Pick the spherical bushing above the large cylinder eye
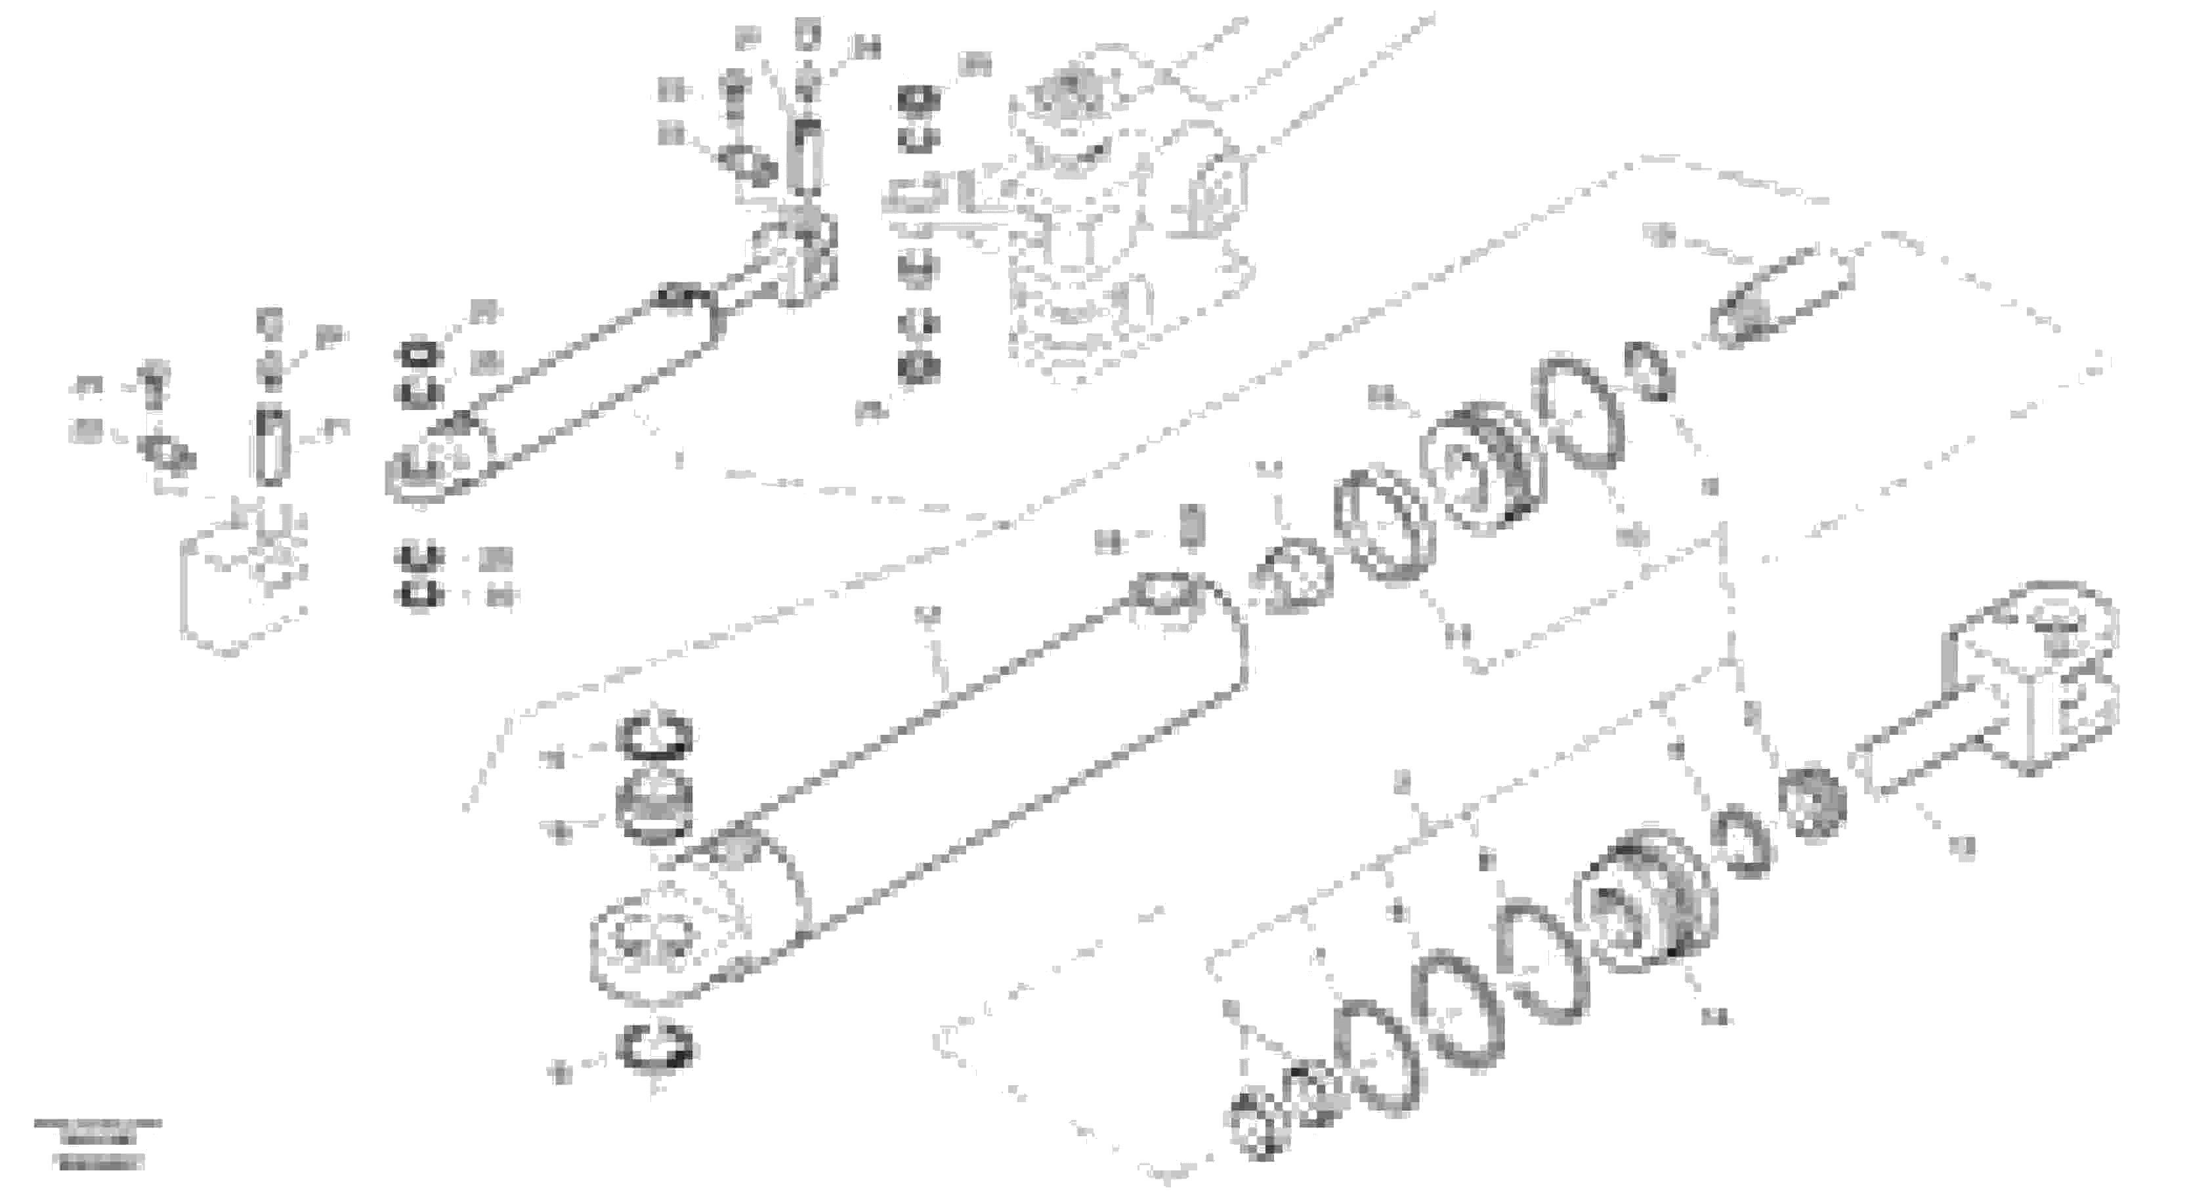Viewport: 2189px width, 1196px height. coord(654,807)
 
